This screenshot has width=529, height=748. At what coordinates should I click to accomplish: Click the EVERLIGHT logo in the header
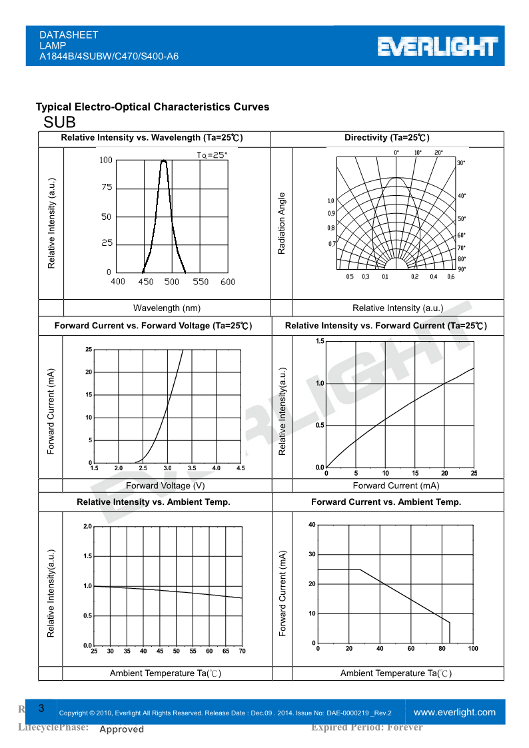pos(438,47)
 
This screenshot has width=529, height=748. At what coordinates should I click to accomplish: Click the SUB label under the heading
pos(59,123)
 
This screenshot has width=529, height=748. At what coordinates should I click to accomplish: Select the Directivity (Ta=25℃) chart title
pos(387,138)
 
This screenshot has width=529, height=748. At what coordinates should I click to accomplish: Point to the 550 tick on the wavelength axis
pos(201,282)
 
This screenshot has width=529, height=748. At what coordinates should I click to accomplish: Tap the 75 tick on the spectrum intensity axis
pos(107,188)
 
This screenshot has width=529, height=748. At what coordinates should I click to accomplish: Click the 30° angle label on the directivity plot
pos(461,163)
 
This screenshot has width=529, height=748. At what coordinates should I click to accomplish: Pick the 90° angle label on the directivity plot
pos(461,268)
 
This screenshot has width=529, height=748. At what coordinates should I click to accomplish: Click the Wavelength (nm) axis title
pos(167,308)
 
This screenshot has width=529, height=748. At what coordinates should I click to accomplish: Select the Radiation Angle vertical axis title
pos(282,223)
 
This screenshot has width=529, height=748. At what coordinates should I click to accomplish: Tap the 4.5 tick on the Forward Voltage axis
pos(241,468)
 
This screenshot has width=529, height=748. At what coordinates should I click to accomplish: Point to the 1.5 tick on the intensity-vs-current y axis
pos(320,341)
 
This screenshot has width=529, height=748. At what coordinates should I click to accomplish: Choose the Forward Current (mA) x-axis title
pos(396,486)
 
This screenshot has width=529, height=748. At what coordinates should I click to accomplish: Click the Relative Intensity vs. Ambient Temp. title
pos(153,502)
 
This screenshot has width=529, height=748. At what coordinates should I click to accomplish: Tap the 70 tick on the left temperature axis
pos(242,651)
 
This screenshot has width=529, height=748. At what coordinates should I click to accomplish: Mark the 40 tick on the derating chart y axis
pos(312,525)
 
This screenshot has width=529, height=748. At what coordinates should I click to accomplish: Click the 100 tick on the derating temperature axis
pos(472,648)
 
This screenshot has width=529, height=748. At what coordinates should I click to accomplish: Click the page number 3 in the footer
pos(41,708)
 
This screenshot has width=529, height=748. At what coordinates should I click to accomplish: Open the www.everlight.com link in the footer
pos(454,712)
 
